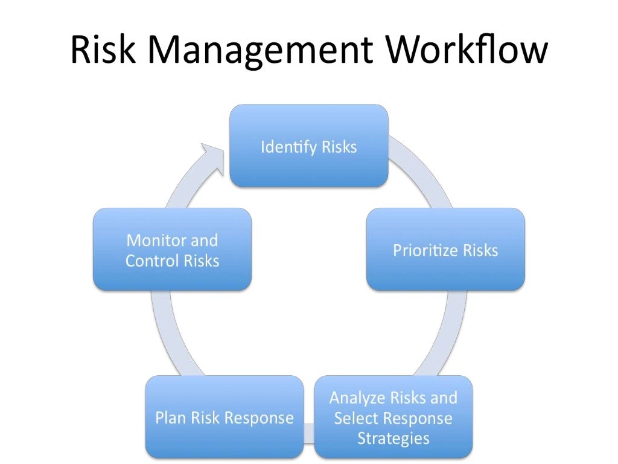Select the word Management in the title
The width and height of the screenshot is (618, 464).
tap(260, 51)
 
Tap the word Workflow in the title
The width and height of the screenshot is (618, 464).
tap(467, 50)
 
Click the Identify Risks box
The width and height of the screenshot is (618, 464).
tap(308, 146)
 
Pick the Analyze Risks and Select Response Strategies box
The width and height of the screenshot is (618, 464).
tap(393, 417)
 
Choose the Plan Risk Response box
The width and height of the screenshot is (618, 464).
tap(224, 417)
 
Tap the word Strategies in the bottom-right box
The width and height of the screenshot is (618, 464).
tap(393, 437)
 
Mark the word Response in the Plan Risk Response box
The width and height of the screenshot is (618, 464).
tap(265, 418)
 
